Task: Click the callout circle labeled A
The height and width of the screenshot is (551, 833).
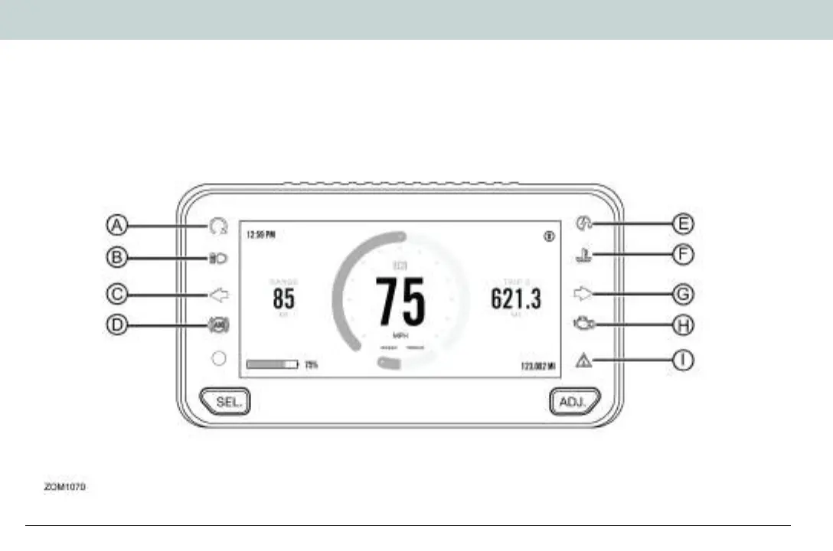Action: pyautogui.click(x=116, y=225)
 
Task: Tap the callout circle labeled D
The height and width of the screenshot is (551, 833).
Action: pyautogui.click(x=116, y=324)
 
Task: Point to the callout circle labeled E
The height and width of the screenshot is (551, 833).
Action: pyautogui.click(x=683, y=223)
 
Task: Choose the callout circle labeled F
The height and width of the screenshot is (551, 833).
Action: pyautogui.click(x=683, y=254)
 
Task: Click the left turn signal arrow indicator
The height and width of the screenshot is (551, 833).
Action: pyautogui.click(x=218, y=293)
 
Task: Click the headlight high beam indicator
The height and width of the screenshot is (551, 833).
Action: pyautogui.click(x=217, y=259)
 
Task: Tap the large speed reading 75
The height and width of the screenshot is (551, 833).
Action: pyautogui.click(x=400, y=301)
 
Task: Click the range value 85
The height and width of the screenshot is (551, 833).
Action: pyautogui.click(x=283, y=298)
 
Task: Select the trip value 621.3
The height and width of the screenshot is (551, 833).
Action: pyautogui.click(x=516, y=298)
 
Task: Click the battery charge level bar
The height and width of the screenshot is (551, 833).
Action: pyautogui.click(x=272, y=365)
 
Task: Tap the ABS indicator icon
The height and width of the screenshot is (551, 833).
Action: pyautogui.click(x=217, y=325)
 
